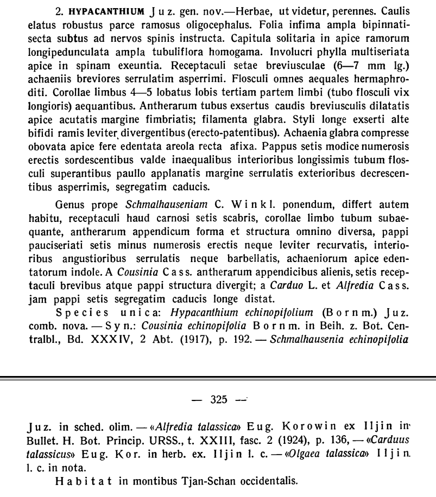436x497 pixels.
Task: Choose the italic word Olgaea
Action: coord(299,452)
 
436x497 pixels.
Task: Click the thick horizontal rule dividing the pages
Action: coord(218,378)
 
